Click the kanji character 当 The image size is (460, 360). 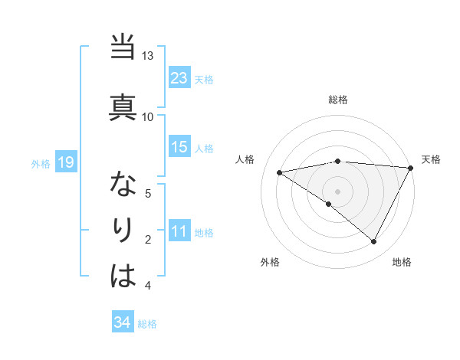[x=123, y=48]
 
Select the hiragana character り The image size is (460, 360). [x=123, y=229]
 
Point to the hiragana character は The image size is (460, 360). [x=123, y=274]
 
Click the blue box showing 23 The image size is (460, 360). [x=179, y=78]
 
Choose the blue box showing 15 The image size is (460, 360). [x=179, y=147]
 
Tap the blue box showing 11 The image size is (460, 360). [x=179, y=231]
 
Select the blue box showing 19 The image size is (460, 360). [x=65, y=162]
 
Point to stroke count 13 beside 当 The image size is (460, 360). [x=147, y=56]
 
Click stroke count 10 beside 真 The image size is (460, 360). [x=147, y=116]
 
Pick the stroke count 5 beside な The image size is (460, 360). [x=149, y=193]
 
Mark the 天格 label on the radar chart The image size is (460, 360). [x=431, y=159]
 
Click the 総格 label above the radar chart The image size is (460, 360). [x=337, y=100]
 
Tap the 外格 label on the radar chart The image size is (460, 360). [x=270, y=262]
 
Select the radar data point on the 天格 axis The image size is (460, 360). [x=411, y=168]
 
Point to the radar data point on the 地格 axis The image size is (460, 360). [x=374, y=242]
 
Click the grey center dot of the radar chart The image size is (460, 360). [x=337, y=191]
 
